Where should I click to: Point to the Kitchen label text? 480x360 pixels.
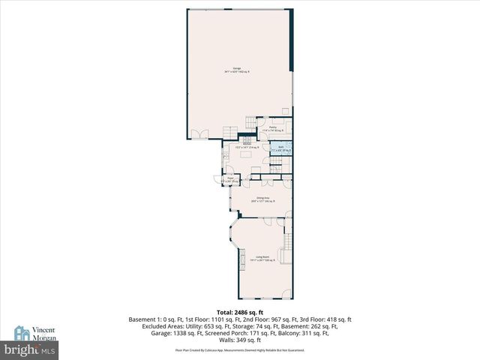tap(235, 145)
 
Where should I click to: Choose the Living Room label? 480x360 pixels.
tap(262, 259)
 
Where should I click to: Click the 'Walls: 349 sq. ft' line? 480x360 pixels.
tap(240, 340)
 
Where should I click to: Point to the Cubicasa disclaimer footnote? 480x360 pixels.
tap(240, 350)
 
